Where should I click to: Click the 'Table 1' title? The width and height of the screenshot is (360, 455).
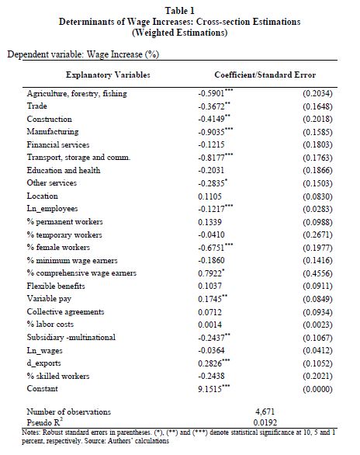coord(180,11)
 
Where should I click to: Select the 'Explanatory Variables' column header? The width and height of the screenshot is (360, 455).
coord(108,75)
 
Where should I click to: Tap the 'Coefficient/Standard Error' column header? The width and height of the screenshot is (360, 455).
coord(265,75)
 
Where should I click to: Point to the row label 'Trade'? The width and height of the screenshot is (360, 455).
coord(36,106)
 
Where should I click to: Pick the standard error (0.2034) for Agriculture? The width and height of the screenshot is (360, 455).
coord(317,93)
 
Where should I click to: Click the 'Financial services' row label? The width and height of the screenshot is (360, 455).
coord(58,144)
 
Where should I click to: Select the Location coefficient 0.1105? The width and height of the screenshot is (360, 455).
coord(209,196)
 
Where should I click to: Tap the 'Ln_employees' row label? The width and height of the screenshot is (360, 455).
coord(52,209)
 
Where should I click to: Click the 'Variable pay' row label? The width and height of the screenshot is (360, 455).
coord(49,299)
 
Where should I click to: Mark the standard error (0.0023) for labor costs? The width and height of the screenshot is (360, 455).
coord(317,325)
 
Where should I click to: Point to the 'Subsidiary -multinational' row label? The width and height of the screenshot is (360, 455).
coord(71,337)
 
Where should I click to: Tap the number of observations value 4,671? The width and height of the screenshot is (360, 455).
coord(265,412)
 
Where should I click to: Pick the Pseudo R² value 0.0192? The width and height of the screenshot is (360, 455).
coord(265,422)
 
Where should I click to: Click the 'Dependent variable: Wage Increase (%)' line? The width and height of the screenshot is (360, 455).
coord(83,54)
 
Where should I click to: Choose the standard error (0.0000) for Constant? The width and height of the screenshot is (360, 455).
coord(317,389)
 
